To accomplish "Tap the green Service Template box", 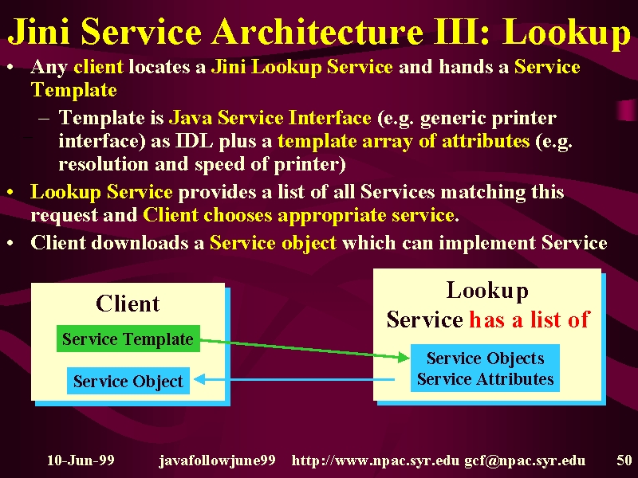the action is coord(128,339).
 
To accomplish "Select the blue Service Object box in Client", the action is coord(128,381).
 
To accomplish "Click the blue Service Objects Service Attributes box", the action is coord(485,368).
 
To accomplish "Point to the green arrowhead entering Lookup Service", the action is coord(404,357).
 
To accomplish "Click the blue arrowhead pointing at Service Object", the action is coord(200,380).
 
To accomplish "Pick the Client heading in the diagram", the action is coord(128,304).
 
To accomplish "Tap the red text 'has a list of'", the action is coord(530,319).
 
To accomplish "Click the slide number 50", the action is coord(624,460).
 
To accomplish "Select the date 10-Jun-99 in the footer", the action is coord(81,460).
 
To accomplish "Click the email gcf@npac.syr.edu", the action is coord(525,460).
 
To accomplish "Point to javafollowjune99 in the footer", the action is coord(217,460).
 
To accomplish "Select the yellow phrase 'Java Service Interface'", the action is coord(270,118).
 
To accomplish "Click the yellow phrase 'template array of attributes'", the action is coord(404,142).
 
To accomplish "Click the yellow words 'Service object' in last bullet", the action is coord(273,243).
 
